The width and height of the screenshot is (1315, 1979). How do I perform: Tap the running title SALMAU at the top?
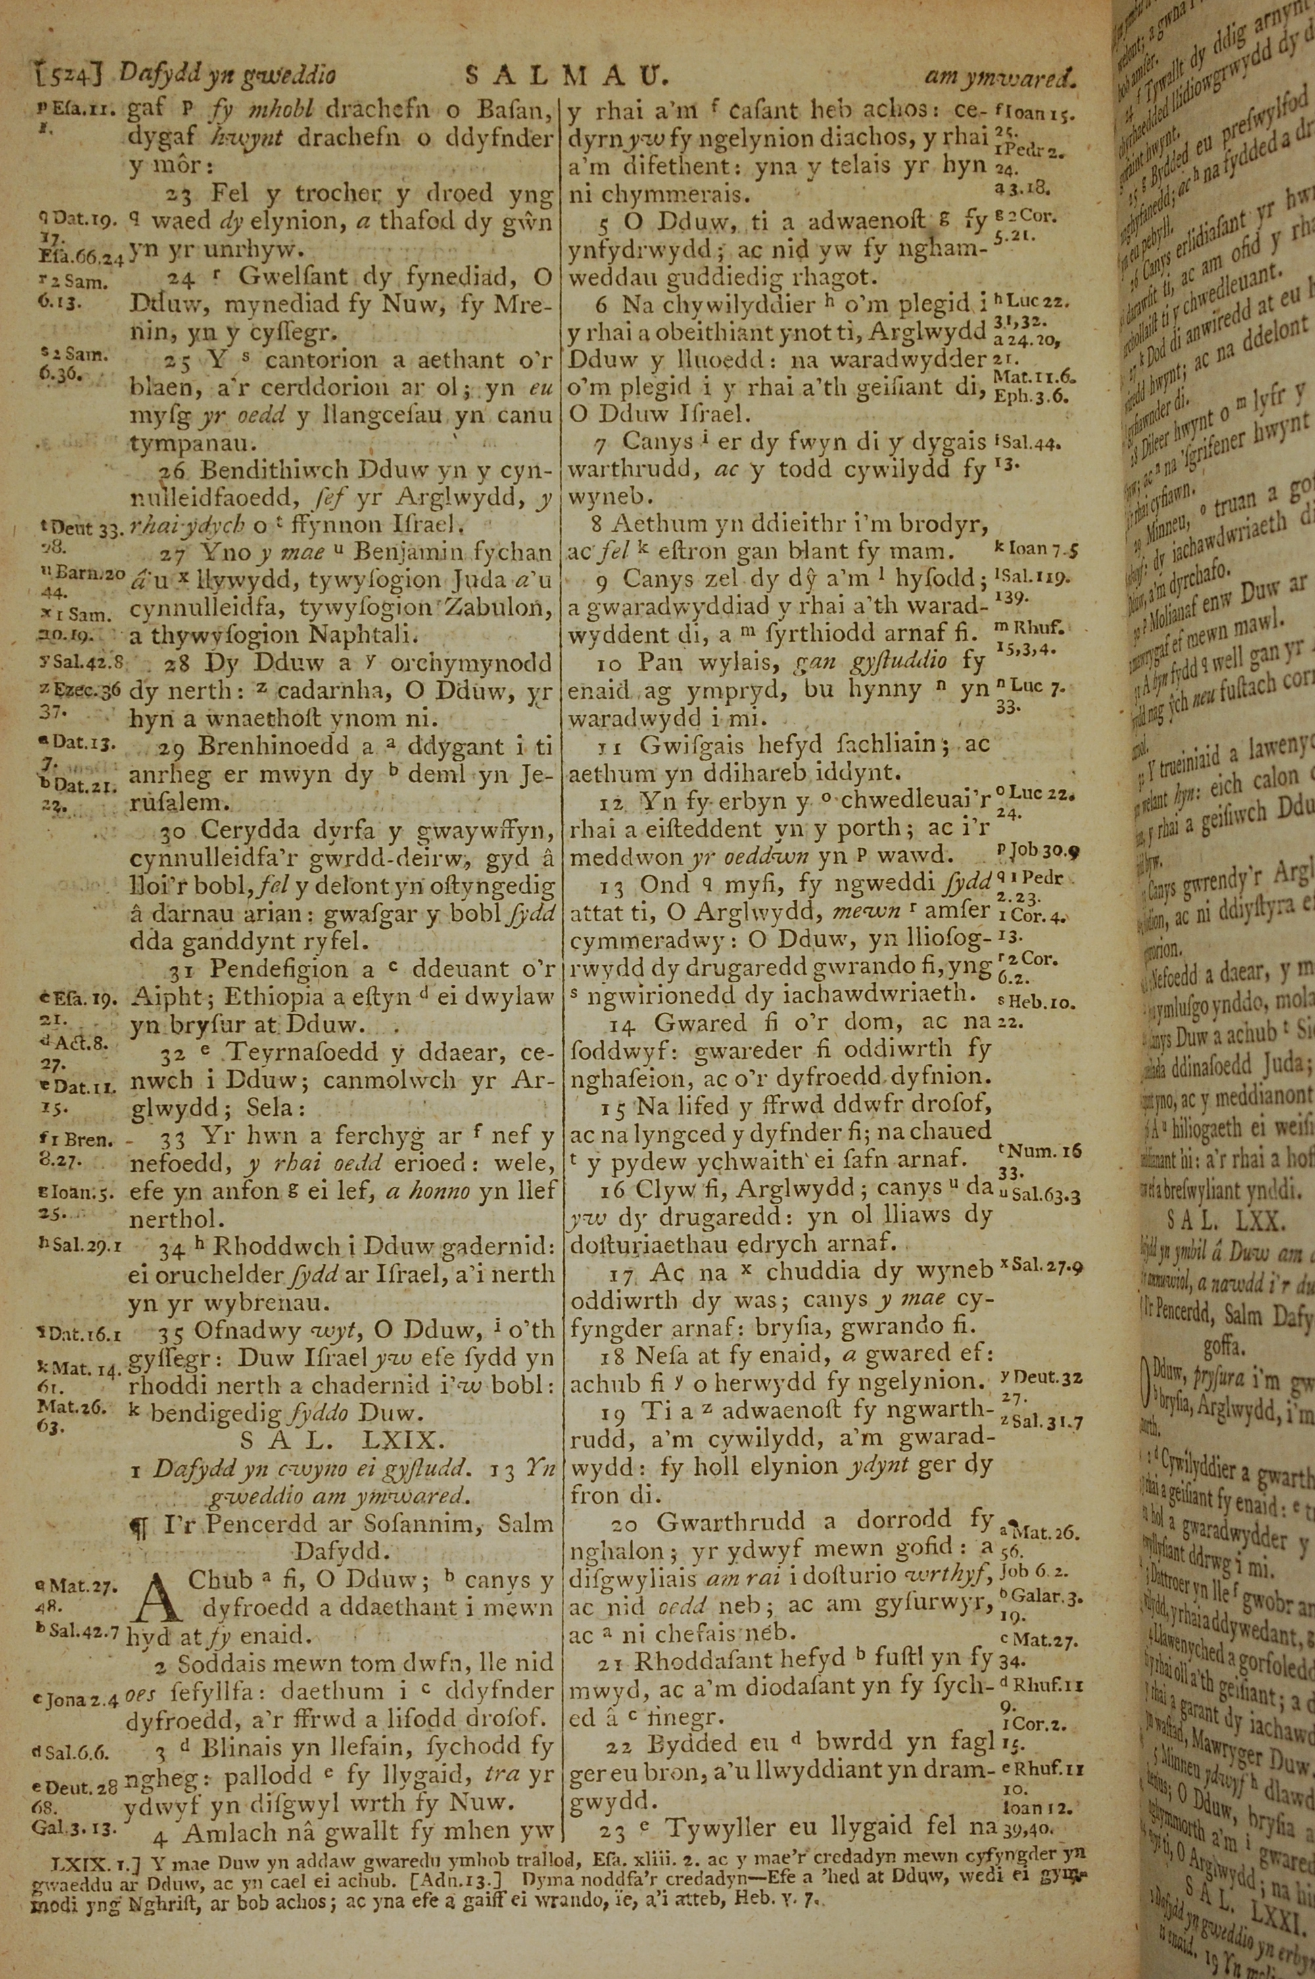pyautogui.click(x=565, y=77)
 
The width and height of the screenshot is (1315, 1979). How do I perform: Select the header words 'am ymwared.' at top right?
pyautogui.click(x=998, y=78)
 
